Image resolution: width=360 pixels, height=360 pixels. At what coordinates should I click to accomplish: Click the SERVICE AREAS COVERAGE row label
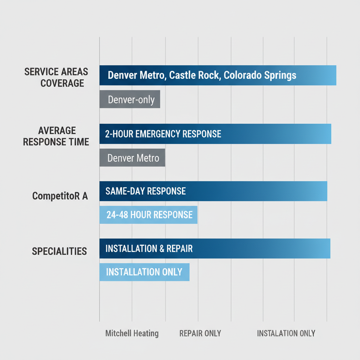pyautogui.click(x=56, y=78)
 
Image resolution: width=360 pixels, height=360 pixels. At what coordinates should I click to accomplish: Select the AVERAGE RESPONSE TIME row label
pyautogui.click(x=56, y=136)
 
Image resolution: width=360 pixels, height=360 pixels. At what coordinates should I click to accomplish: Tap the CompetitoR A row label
pyautogui.click(x=60, y=196)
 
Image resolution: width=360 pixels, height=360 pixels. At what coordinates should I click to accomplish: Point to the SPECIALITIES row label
pyautogui.click(x=59, y=251)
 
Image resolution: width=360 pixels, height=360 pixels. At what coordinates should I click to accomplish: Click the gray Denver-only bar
pyautogui.click(x=130, y=99)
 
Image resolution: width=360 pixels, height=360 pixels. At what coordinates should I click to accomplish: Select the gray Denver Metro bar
pyautogui.click(x=132, y=158)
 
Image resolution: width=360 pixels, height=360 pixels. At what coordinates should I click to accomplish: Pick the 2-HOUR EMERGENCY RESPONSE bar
pyautogui.click(x=215, y=134)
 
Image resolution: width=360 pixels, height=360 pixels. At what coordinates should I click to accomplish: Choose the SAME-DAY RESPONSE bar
pyautogui.click(x=213, y=191)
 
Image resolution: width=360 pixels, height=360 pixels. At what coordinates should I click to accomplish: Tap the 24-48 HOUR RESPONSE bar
pyautogui.click(x=148, y=215)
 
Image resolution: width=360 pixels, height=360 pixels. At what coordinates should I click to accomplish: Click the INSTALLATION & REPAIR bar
pyautogui.click(x=214, y=249)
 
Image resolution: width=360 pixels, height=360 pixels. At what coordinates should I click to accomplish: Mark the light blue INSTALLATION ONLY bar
pyautogui.click(x=144, y=272)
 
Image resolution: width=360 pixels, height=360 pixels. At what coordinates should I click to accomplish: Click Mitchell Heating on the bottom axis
pyautogui.click(x=132, y=333)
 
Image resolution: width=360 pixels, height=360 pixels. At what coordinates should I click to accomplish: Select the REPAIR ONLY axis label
pyautogui.click(x=200, y=333)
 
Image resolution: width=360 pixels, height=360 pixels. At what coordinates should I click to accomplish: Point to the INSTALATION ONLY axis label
pyautogui.click(x=286, y=333)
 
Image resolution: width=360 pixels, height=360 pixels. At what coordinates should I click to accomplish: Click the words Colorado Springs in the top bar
pyautogui.click(x=260, y=75)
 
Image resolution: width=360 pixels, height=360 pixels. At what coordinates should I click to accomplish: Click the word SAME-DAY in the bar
pyautogui.click(x=125, y=191)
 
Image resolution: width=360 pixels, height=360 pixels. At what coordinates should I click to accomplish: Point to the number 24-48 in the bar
pyautogui.click(x=117, y=215)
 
